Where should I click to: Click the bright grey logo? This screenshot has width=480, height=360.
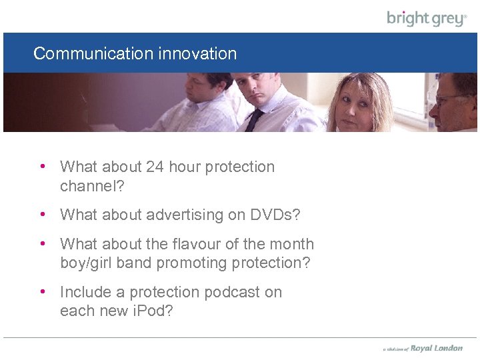tap(427, 18)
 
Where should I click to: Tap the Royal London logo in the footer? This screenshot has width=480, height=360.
tap(436, 348)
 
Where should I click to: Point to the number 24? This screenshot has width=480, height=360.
tap(154, 167)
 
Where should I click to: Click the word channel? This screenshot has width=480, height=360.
tap(92, 186)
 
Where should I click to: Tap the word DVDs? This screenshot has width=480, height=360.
tap(275, 215)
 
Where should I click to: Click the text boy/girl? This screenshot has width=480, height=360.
tap(86, 263)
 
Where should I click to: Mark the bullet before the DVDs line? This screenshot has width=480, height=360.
tap(43, 215)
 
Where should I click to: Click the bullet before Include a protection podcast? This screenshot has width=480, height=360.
tap(43, 292)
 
